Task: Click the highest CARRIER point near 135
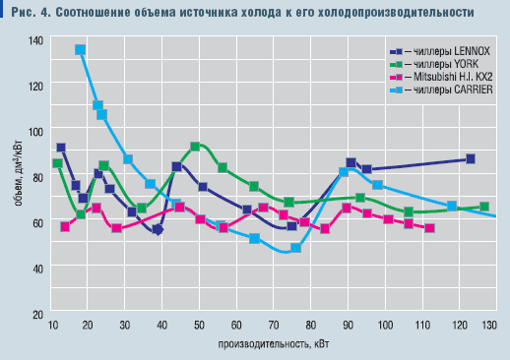point(80,49)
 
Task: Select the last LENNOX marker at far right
point(471,158)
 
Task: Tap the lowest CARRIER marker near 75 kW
point(295,248)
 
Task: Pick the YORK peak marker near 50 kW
point(195,146)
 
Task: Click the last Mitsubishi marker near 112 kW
point(430,228)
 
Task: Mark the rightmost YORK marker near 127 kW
point(484,207)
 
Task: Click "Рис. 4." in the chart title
point(27,12)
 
